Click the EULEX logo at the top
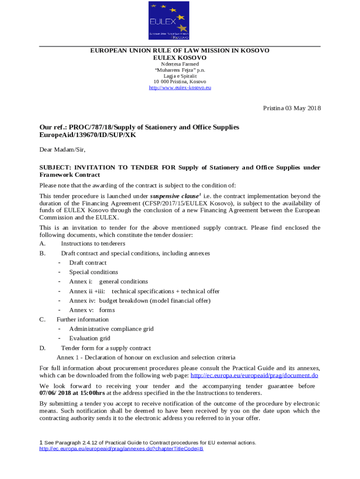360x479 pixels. [169, 21]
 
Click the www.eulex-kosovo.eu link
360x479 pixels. [180, 87]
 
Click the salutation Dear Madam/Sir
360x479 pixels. [63, 150]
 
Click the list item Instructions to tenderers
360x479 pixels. [93, 244]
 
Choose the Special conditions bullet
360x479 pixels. [94, 272]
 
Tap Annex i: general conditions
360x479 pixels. [108, 282]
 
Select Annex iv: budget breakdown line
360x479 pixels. [140, 301]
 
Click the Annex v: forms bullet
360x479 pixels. [92, 310]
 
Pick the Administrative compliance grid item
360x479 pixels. [111, 329]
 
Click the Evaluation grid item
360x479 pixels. [90, 338]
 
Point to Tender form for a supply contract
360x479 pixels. [106, 348]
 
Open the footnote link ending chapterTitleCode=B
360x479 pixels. [122, 449]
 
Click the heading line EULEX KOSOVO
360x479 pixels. [180, 57]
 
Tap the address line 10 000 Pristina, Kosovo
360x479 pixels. [180, 81]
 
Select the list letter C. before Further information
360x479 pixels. [42, 319]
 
